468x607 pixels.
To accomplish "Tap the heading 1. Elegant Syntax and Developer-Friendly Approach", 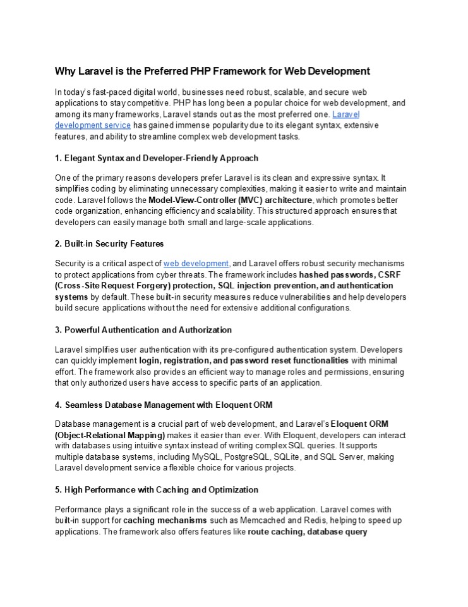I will (157, 157).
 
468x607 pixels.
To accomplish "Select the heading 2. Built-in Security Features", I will (109, 243).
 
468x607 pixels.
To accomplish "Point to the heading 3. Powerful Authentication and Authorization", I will (143, 329).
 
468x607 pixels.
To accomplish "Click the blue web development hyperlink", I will (196, 263).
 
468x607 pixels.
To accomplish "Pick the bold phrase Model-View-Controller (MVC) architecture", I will (230, 200).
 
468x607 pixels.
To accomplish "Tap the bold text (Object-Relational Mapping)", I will (110, 436).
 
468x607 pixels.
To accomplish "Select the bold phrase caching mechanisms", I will (165, 520).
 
